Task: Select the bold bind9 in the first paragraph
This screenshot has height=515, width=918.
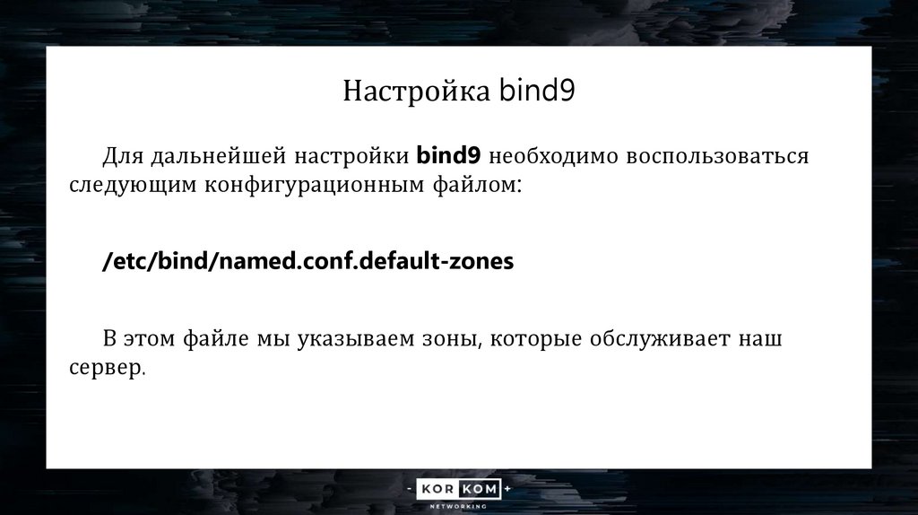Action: click(x=449, y=156)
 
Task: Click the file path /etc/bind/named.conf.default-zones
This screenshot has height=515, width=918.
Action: click(x=308, y=261)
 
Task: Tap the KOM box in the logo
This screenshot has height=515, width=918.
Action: click(x=481, y=490)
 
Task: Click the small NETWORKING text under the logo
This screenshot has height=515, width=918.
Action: click(x=459, y=506)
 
